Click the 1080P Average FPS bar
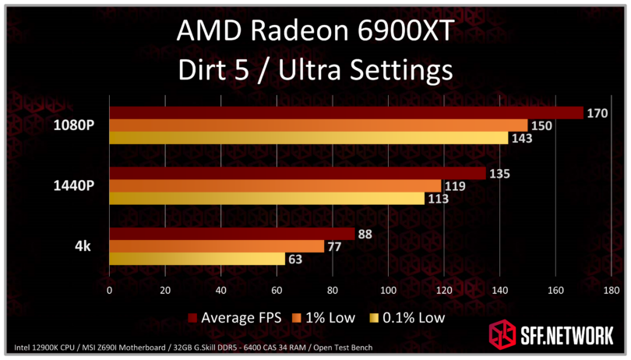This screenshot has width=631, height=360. (346, 113)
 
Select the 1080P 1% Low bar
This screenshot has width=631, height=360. (318, 126)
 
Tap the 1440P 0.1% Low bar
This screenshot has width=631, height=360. (266, 199)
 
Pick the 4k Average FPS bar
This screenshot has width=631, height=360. (231, 234)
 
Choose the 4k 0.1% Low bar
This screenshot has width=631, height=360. (197, 259)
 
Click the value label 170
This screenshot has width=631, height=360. (598, 114)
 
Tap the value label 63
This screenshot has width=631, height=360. (295, 259)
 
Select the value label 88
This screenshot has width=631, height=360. (365, 235)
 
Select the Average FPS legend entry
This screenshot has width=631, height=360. (234, 317)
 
